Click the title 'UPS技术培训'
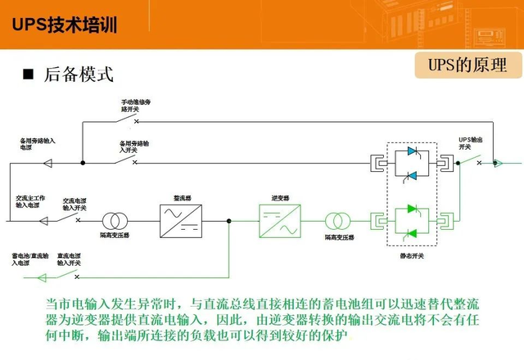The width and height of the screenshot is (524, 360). [65, 25]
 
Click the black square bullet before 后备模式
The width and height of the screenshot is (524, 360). [27, 74]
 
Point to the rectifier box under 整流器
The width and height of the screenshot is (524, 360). [182, 220]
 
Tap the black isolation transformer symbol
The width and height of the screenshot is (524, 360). [115, 220]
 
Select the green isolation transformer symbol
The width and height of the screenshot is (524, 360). [337, 220]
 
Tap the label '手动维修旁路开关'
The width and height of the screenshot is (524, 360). [137, 104]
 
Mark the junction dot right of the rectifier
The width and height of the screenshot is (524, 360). [229, 220]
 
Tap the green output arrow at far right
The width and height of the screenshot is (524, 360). [496, 162]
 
